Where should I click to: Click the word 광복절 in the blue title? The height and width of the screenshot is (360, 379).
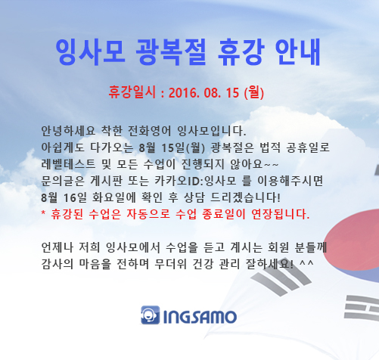pos(171,52)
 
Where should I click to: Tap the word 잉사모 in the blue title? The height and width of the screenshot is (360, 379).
pos(90,52)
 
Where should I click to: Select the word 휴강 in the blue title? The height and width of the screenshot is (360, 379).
pos(241,52)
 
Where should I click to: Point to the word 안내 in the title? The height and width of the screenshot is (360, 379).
pos(297,52)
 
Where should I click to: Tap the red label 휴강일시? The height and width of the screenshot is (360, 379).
pos(132,92)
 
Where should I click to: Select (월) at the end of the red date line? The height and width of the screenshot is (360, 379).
pos(254,92)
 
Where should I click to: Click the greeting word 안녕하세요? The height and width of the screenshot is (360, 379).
pos(68,131)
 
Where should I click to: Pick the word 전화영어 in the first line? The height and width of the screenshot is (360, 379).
pos(149,131)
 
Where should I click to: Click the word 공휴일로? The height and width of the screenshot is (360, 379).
pos(308,147)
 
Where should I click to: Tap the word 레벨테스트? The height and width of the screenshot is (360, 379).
pos(68,164)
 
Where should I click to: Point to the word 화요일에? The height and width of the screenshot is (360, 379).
pos(113,197)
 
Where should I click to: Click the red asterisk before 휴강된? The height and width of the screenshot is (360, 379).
pos(43,213)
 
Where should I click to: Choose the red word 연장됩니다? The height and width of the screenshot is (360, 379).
pos(281,214)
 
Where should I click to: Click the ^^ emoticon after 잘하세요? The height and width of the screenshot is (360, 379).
pos(306,262)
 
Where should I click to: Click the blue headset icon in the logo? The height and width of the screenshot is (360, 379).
pos(151,315)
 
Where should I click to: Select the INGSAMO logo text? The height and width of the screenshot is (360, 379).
pos(200,317)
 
